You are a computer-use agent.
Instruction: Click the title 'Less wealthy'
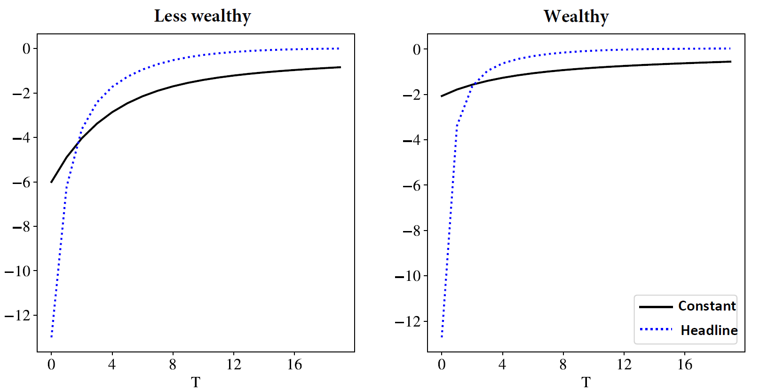click(x=202, y=16)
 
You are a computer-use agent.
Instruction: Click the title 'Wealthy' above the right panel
click(x=576, y=16)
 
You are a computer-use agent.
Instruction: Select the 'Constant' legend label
click(x=706, y=306)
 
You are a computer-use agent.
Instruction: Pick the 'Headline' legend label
click(x=709, y=330)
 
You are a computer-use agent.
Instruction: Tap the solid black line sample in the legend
click(x=656, y=307)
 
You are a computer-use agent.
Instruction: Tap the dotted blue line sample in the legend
click(x=656, y=329)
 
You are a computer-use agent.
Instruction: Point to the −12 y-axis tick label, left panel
click(x=17, y=315)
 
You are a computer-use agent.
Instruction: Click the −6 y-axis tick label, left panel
click(x=21, y=182)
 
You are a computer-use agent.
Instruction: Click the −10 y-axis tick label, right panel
click(x=408, y=276)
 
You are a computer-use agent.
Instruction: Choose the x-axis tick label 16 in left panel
click(x=294, y=365)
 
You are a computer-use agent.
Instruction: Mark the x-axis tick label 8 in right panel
click(x=563, y=365)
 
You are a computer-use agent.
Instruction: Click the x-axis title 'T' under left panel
click(x=196, y=382)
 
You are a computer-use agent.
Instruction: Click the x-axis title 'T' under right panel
click(x=586, y=382)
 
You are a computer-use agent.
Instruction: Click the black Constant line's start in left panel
click(x=51, y=182)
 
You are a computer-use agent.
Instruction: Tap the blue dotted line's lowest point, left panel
click(x=51, y=337)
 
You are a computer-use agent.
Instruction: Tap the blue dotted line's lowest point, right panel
click(x=442, y=337)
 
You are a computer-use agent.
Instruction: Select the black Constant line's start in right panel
click(x=442, y=96)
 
